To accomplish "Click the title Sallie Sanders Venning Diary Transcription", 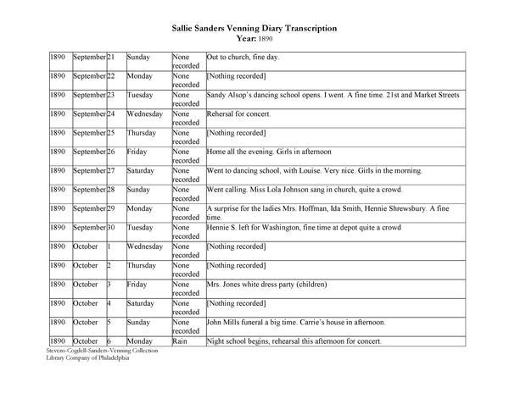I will click(255, 28).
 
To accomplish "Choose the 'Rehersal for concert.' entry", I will click(238, 113).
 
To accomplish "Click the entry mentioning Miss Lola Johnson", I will click(304, 189).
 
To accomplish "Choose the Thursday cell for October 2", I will click(142, 265).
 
